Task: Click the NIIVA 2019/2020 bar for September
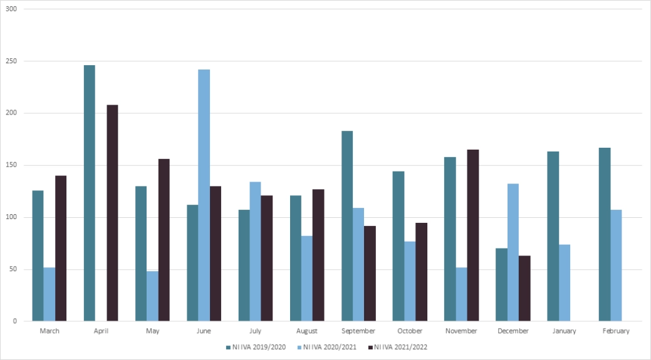(x=347, y=226)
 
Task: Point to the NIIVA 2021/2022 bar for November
(x=473, y=235)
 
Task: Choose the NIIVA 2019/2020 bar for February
(x=605, y=234)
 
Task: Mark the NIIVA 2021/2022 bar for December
(x=524, y=288)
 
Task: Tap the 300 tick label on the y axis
(x=11, y=9)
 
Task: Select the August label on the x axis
(x=306, y=331)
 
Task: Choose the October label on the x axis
(x=410, y=331)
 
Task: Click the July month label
(x=255, y=331)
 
